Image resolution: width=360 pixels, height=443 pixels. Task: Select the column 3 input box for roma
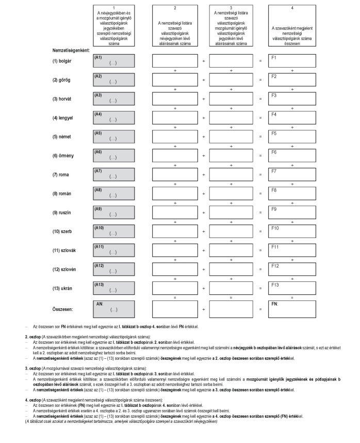(231, 176)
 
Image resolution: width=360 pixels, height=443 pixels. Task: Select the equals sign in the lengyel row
(260, 118)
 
